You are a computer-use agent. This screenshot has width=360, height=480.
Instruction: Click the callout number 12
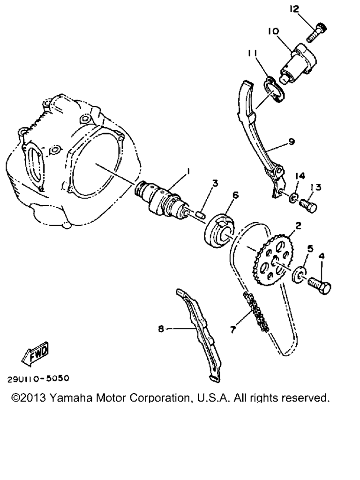[294, 9]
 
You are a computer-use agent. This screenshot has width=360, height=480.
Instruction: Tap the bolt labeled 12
[317, 32]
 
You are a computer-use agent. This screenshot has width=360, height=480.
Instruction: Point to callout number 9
[292, 142]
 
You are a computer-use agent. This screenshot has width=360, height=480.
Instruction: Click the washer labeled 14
[293, 197]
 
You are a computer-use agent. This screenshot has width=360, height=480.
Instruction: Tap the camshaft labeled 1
[160, 197]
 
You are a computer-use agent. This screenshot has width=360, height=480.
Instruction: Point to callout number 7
[233, 330]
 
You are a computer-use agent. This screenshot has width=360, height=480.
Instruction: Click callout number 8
[161, 329]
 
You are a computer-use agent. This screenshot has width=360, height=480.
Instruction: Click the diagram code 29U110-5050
[38, 378]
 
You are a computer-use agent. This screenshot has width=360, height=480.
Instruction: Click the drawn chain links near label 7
[256, 312]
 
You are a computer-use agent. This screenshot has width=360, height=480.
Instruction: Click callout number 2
[298, 226]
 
